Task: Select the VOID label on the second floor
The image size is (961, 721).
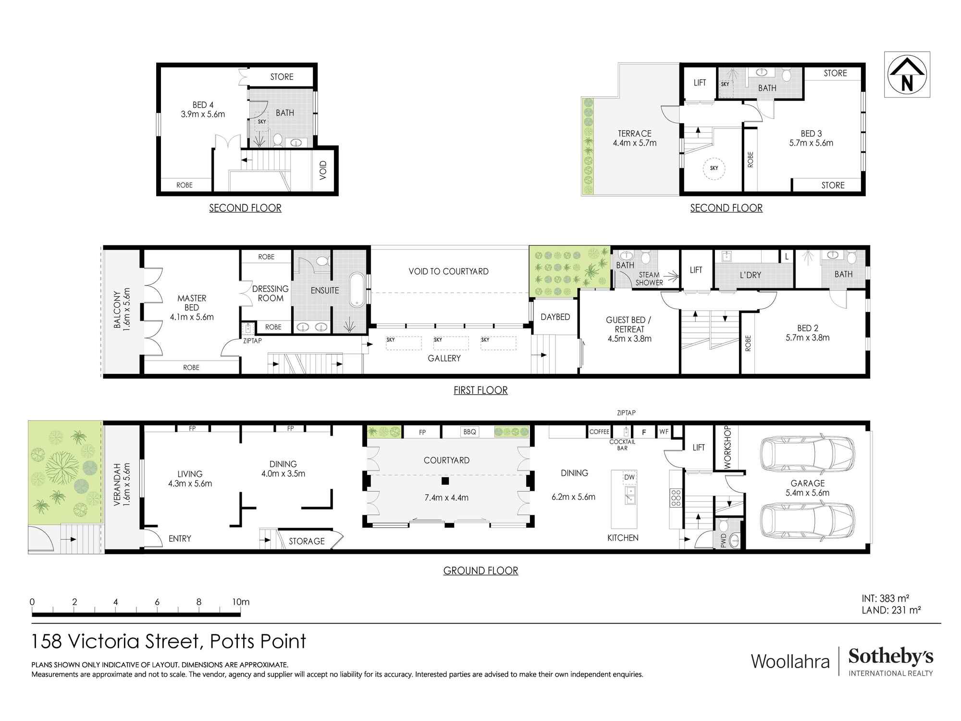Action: pos(323,171)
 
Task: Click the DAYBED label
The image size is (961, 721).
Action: pos(555,317)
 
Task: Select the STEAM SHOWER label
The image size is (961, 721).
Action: pos(649,279)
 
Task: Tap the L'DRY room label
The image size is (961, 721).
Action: pos(750,275)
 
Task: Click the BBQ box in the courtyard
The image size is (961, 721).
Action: pos(469,432)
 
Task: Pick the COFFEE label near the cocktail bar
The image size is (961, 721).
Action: pos(599,432)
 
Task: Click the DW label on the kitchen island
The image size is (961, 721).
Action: pos(629,477)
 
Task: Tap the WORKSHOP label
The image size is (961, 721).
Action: pos(727,447)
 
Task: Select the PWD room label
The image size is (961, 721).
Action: pos(724,540)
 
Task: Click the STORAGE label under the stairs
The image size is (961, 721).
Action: pos(307,541)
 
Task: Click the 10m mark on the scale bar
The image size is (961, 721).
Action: pos(240,602)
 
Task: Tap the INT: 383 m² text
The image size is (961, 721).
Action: pos(885,598)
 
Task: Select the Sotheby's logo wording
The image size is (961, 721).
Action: pos(890,657)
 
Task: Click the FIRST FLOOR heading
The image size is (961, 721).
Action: pos(480,390)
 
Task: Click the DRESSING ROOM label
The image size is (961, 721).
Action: pos(271,293)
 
